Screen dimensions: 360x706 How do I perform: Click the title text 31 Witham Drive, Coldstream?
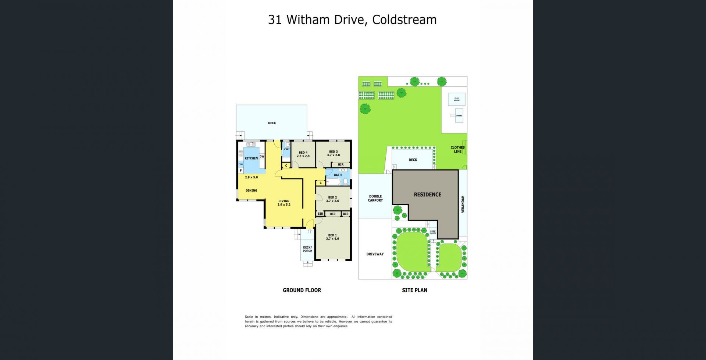tap(352, 20)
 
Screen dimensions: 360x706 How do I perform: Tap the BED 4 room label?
tap(303, 153)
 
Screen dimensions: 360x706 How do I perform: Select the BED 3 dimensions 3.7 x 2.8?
tap(333, 155)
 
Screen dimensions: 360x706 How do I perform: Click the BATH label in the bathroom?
tap(338, 175)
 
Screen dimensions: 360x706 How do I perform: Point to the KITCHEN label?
tap(251, 158)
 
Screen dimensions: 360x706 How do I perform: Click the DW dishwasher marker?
tap(262, 157)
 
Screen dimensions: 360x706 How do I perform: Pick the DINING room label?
tap(252, 190)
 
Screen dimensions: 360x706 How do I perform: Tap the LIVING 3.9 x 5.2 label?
tap(284, 203)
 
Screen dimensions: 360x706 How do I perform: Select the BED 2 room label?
tap(332, 197)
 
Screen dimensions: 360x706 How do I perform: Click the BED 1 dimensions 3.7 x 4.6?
tap(332, 239)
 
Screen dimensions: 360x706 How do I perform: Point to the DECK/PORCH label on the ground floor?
tap(307, 249)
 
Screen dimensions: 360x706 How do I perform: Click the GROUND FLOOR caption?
tap(302, 290)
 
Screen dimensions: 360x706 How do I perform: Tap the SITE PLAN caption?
tap(414, 290)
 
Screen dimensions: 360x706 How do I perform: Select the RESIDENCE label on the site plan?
tap(427, 195)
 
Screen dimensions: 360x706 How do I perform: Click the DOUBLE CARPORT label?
tap(375, 198)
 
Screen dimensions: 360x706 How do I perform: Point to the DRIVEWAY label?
tap(375, 254)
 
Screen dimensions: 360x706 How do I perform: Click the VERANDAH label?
tap(463, 204)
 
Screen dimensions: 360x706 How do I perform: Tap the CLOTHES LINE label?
tap(457, 149)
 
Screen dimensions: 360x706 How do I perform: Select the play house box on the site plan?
tap(456, 99)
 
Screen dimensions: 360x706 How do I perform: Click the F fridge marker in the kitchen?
tap(241, 171)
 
